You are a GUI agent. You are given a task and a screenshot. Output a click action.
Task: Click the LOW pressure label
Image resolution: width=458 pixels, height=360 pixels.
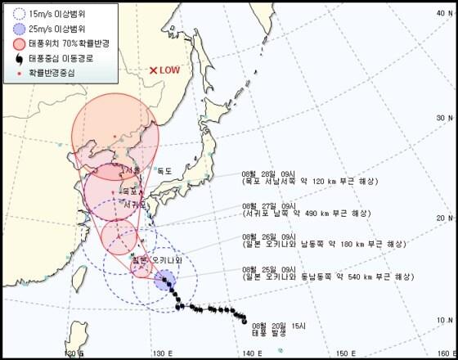[171, 71]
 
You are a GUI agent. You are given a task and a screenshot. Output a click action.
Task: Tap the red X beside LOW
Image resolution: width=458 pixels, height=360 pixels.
[152, 71]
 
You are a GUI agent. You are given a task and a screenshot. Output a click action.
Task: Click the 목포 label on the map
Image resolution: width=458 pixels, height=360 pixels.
[128, 191]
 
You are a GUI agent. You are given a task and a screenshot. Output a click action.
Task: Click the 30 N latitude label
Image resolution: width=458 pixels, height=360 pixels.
[442, 118]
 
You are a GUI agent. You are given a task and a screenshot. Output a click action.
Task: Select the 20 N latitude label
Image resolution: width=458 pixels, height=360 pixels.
[442, 218]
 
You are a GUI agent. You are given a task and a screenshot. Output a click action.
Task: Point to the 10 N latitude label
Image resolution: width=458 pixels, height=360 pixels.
[442, 320]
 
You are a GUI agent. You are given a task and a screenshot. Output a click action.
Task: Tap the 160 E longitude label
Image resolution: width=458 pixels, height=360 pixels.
[442, 353]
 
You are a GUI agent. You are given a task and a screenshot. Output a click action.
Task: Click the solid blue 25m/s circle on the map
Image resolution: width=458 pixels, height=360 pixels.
[164, 283]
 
